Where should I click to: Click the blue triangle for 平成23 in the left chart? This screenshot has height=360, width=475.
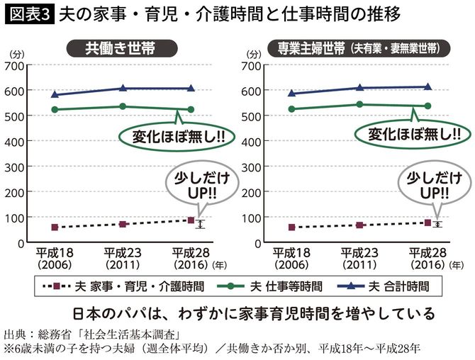coord(123,89)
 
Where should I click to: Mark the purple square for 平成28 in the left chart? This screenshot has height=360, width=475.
coord(190,220)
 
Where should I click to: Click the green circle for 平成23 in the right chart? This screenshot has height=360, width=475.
coord(359,104)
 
